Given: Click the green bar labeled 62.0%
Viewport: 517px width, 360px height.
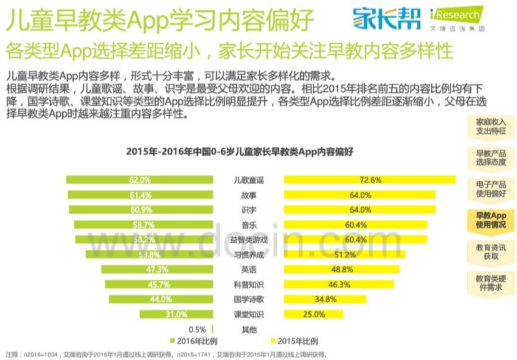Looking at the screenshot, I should tap(139, 180).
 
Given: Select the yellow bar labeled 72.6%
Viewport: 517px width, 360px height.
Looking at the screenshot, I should tap(370, 180).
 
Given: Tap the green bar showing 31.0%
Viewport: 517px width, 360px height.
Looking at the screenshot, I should tap(176, 314).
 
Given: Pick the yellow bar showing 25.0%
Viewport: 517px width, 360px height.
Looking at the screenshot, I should tap(314, 314).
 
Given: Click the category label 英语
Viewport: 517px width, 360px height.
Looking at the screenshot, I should tap(249, 269).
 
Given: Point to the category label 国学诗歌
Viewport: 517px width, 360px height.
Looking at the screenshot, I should tap(249, 299).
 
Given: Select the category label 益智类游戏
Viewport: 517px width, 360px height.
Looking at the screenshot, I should tap(249, 240).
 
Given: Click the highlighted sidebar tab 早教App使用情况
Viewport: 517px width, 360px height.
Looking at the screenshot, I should tap(491, 220).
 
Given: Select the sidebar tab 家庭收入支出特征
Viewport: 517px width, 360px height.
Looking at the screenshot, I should tap(491, 126).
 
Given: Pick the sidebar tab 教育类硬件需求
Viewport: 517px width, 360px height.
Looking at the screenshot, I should tap(491, 283).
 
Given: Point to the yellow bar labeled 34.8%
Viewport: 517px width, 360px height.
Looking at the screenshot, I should tap(326, 299).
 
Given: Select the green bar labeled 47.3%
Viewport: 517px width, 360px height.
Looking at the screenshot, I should tap(157, 269).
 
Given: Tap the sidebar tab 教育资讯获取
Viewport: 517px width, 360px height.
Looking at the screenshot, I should tap(491, 251).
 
